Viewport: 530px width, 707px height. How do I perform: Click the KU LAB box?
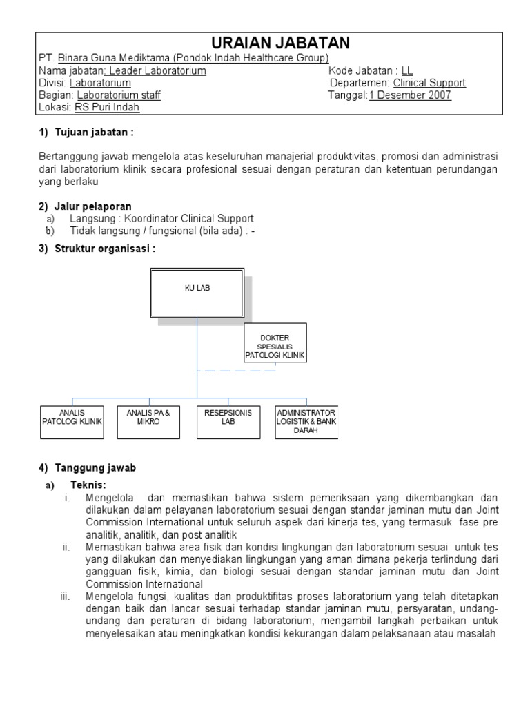tap(197, 293)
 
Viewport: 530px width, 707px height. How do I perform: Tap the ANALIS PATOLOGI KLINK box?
tap(72, 421)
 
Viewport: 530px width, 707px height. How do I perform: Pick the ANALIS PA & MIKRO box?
tap(148, 421)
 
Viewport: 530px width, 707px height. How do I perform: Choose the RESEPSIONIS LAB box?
tap(228, 421)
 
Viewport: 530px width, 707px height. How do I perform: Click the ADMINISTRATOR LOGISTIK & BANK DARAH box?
tap(306, 421)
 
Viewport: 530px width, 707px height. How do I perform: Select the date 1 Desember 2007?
tap(410, 95)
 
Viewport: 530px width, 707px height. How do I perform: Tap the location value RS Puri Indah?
tap(107, 108)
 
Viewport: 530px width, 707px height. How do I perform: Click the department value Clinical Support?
tap(429, 83)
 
